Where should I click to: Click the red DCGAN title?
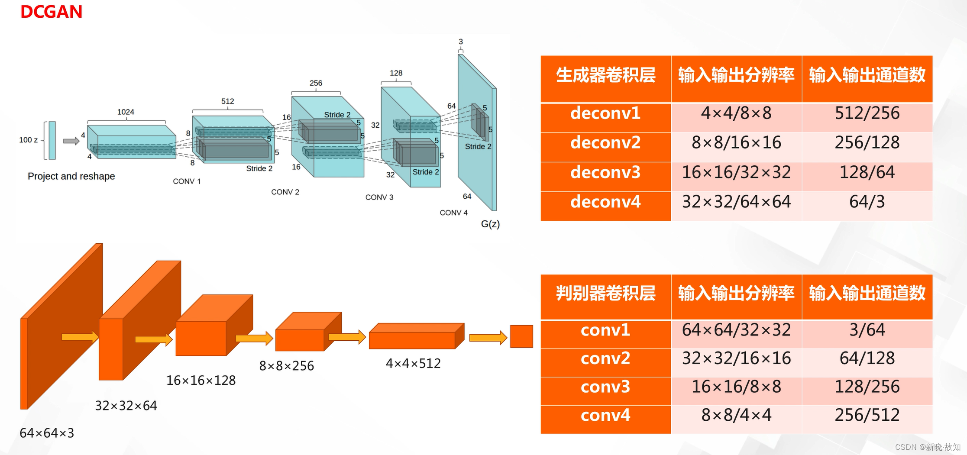[x=51, y=12]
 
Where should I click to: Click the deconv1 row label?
[x=605, y=113]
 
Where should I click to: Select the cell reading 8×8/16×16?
[x=736, y=143]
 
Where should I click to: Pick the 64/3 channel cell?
[x=867, y=202]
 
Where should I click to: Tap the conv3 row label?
[x=605, y=387]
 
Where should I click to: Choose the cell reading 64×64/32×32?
[x=736, y=330]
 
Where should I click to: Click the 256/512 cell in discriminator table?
[x=867, y=415]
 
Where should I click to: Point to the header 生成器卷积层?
[x=605, y=75]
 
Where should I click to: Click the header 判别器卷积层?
[x=605, y=294]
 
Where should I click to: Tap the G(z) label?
[x=490, y=224]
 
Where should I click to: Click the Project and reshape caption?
[x=71, y=176]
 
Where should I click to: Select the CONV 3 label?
[x=379, y=197]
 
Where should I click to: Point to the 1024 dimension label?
[x=126, y=112]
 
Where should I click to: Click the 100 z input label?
[x=28, y=140]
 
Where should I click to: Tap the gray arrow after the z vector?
[x=71, y=141]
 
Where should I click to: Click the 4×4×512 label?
[x=413, y=363]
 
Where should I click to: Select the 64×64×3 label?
[x=47, y=433]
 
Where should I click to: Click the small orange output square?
[x=521, y=336]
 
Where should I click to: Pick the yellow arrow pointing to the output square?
[x=488, y=338]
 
